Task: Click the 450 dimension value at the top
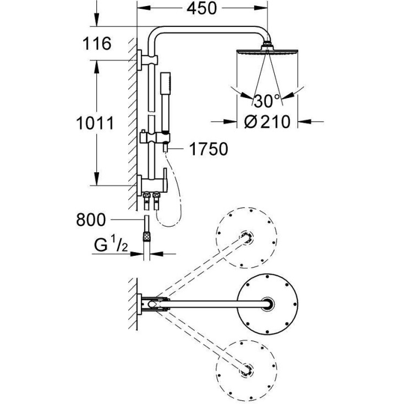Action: pos(201,9)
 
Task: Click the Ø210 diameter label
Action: pos(267,122)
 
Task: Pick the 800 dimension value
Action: pos(90,220)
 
